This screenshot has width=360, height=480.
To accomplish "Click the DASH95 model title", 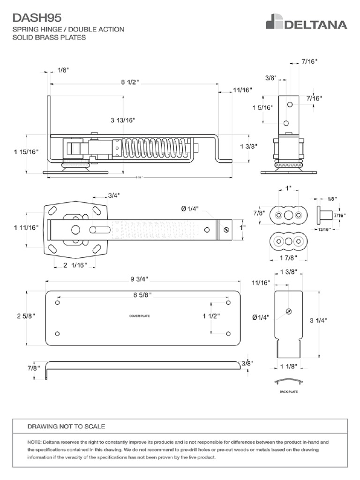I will coord(37,18).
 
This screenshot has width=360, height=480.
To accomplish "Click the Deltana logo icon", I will coord(274,22).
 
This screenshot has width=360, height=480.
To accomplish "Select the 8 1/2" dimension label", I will coord(130,82).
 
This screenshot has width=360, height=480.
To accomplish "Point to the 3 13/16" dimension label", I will coord(123,120).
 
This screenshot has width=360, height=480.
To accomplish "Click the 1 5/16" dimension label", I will coord(262,107).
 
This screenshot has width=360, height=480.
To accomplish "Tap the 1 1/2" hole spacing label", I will coord(211,316).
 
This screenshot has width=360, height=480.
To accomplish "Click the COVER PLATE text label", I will coord(139,316).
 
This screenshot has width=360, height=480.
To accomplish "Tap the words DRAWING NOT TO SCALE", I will coord(66,426).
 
